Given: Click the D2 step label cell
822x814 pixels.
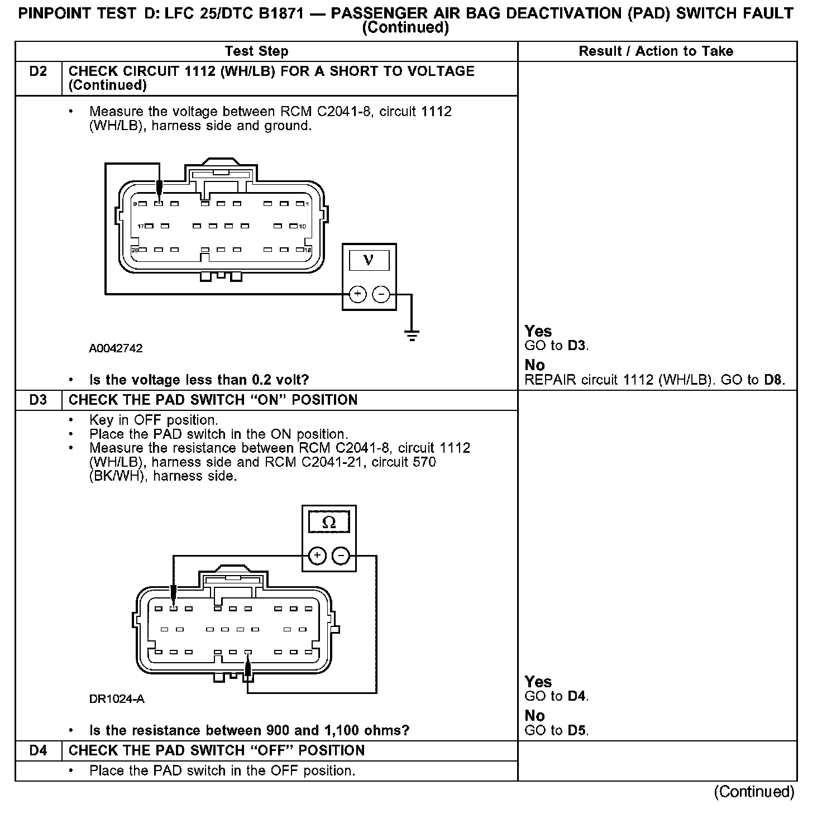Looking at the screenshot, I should point(38,72).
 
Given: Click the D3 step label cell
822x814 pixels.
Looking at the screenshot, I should point(38,400).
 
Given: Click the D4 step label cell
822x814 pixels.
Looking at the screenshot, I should point(38,751).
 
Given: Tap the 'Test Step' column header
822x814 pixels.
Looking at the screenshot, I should point(256,51).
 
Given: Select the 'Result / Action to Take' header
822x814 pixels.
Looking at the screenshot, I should point(656,51).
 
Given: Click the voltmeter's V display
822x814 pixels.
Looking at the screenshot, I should point(369,260).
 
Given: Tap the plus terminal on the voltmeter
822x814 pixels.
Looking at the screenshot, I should point(357,294).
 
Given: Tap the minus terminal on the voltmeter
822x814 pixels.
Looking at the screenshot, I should point(381,294).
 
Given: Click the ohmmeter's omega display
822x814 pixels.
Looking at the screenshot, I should point(329,523).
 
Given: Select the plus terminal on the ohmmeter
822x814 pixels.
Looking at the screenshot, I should point(317,556).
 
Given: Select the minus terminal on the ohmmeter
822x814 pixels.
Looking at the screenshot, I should point(341,556).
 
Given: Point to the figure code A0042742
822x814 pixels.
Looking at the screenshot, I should point(116,348).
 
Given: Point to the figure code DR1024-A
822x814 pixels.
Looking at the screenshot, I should point(117,699).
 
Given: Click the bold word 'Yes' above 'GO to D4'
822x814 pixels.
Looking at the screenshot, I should point(538,682).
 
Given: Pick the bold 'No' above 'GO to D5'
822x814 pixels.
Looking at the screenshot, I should point(534,716).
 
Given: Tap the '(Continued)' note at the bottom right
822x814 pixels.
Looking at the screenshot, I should point(754,792).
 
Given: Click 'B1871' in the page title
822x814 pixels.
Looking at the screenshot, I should point(273,13).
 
